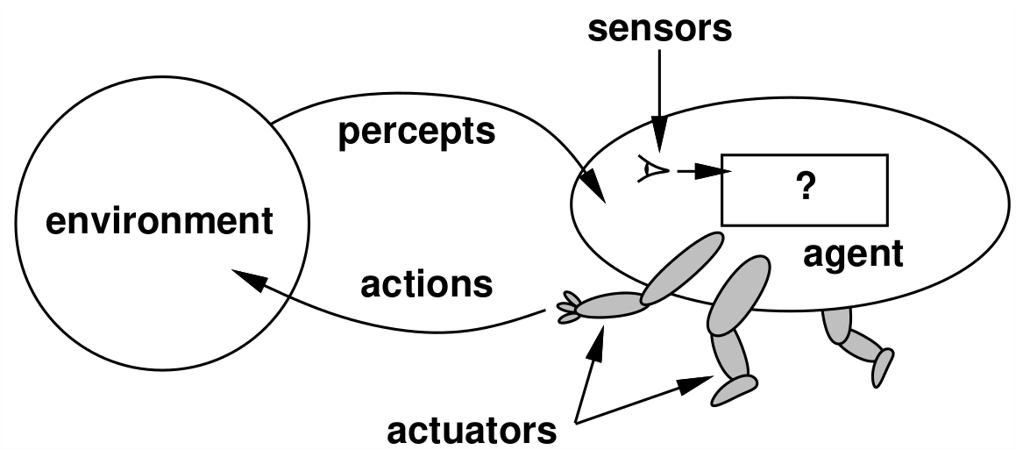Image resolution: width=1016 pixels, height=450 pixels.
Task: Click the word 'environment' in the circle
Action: pos(159,221)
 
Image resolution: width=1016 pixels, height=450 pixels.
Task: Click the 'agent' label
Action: pos(852,254)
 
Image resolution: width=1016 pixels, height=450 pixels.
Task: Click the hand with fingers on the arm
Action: pos(567,310)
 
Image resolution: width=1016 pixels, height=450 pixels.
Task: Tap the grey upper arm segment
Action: pos(684,268)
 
